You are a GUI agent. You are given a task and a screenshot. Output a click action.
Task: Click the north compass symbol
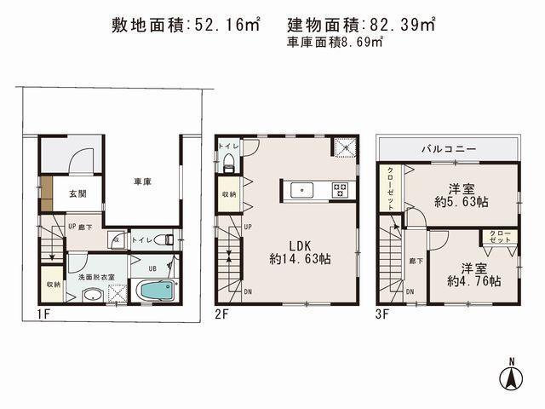512,376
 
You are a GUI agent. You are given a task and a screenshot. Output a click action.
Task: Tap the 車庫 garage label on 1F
141,181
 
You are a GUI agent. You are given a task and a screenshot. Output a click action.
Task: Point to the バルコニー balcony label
447,149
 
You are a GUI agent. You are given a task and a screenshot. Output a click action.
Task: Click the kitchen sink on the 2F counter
301,188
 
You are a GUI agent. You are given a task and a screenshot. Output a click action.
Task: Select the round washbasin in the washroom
90,294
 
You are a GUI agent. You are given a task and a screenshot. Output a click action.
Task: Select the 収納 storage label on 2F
230,195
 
